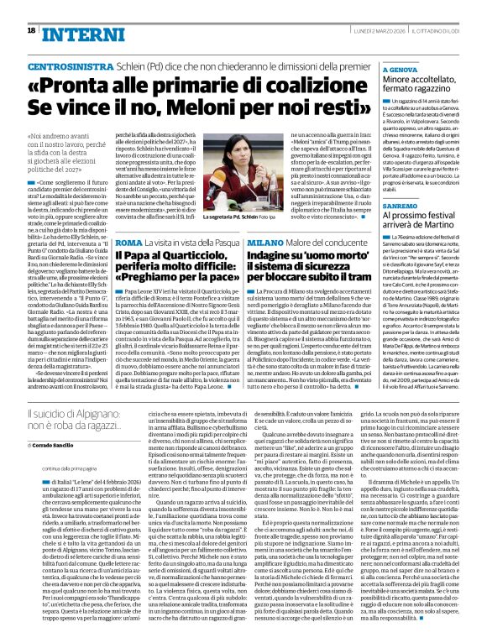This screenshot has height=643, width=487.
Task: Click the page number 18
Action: [x=30, y=30]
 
